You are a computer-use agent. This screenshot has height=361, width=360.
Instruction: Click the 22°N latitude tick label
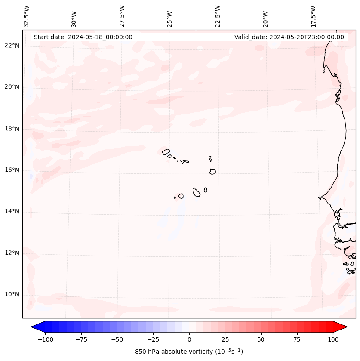point(12,46)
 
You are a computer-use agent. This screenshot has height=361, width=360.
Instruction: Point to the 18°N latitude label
point(12,129)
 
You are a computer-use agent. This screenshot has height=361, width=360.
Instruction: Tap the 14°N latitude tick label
point(12,211)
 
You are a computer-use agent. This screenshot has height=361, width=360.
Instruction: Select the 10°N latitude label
point(12,294)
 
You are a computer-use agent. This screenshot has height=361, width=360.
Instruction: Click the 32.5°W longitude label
point(27,16)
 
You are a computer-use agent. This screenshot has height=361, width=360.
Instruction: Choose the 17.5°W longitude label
point(313,16)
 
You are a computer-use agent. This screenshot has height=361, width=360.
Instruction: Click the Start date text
point(83,37)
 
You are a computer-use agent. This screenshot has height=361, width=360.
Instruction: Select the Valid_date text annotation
point(289,37)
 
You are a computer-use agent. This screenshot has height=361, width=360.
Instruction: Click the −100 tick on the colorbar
point(45,339)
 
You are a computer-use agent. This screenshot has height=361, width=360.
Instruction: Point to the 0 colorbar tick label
point(189,339)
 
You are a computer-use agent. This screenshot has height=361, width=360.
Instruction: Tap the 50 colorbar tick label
point(261,339)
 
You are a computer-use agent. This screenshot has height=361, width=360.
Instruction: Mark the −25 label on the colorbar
point(153,339)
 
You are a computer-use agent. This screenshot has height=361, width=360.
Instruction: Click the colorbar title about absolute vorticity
point(189,352)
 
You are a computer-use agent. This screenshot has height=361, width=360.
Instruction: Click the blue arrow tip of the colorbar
point(34,327)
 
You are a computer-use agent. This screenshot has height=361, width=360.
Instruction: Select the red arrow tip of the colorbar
point(344,327)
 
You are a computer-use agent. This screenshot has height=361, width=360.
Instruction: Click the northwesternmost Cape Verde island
point(166,151)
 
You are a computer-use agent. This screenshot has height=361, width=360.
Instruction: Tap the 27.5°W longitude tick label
point(122,16)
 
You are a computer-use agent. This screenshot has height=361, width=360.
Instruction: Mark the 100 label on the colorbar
point(333,339)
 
